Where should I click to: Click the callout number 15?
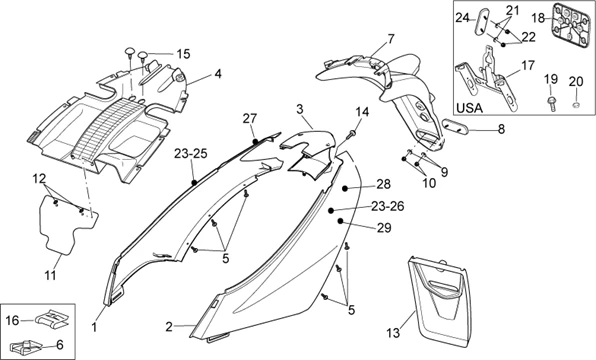point(183,54)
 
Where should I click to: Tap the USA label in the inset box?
point(469,108)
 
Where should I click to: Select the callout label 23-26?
point(387,206)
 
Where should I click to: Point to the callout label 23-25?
point(191,154)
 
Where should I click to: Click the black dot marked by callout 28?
point(345,188)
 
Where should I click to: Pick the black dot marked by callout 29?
point(340,220)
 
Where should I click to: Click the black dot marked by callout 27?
point(255,141)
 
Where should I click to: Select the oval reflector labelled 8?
point(456,126)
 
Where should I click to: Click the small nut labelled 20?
point(576,104)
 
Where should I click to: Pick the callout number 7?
point(391,39)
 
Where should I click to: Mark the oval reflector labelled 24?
point(482,22)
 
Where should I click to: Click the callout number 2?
point(169,327)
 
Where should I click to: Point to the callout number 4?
point(218,74)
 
